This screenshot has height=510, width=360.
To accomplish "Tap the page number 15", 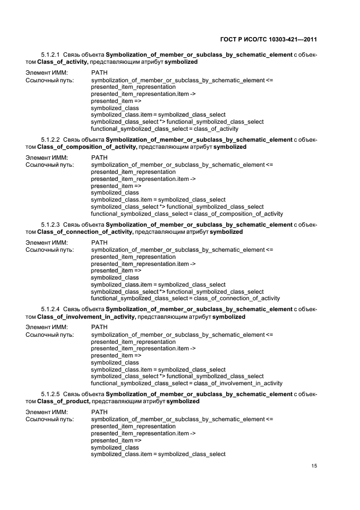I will click(314, 466).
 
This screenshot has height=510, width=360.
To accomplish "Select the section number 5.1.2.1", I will click(50, 55).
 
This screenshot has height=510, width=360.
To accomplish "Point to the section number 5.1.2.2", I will click(50, 140).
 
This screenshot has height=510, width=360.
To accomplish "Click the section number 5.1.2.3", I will click(50, 224).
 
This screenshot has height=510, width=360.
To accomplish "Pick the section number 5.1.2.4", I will click(50, 309).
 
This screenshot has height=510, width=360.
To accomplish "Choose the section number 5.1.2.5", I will click(50, 394).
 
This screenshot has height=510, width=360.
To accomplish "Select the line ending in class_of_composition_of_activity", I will click(187, 214).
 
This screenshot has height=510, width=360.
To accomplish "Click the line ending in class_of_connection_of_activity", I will click(185, 298).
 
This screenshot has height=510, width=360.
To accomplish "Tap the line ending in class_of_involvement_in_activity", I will click(186, 383).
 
